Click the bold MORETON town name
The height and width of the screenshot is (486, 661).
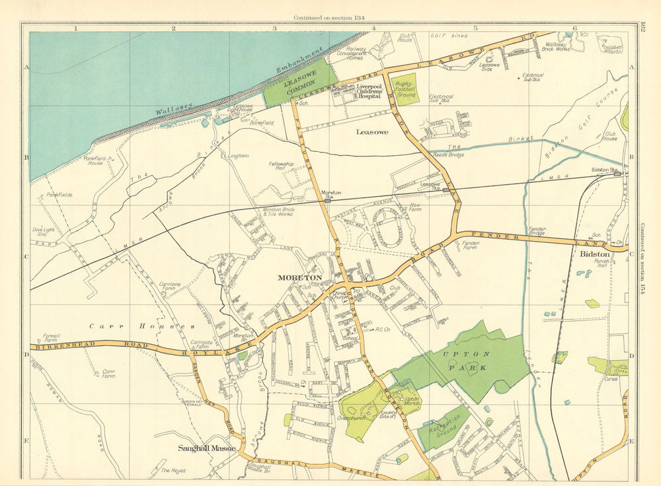tap(301, 277)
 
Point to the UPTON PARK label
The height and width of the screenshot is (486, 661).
tap(462, 359)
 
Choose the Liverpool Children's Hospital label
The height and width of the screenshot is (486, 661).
tap(369, 91)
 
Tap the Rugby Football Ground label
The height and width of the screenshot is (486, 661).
tap(405, 89)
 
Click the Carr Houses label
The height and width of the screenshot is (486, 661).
tap(142, 326)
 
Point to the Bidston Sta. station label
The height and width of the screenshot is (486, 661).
tap(603, 170)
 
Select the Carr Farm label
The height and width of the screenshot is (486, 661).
tap(108, 374)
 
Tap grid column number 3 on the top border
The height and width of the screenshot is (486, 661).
tap(274, 28)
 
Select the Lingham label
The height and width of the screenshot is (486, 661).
tap(238, 156)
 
